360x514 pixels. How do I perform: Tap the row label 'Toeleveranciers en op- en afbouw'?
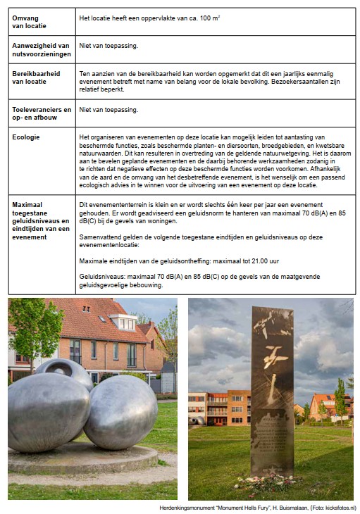[x=42, y=114]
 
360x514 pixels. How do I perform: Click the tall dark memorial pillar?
[x=273, y=387]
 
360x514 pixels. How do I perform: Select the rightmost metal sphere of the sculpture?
[x=120, y=412]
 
